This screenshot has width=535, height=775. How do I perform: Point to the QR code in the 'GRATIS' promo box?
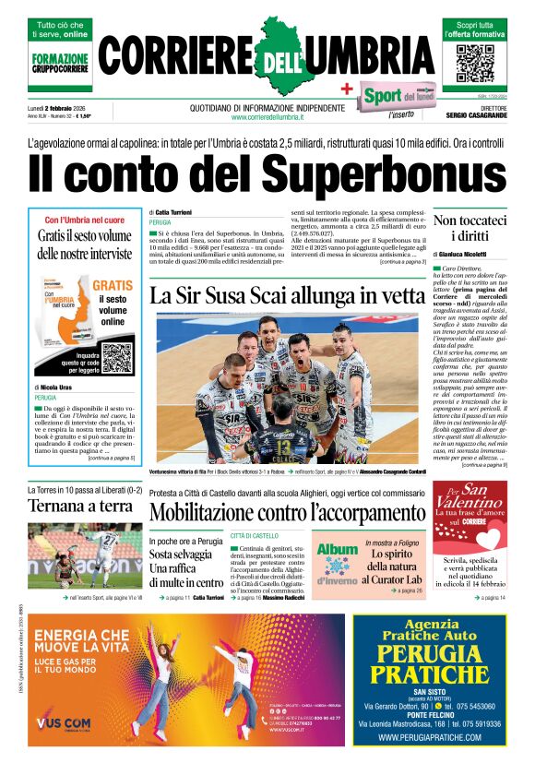click(x=117, y=357)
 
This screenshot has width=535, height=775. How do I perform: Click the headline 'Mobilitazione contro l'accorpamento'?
click(x=286, y=510)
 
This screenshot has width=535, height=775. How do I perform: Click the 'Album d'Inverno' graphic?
click(x=337, y=561)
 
